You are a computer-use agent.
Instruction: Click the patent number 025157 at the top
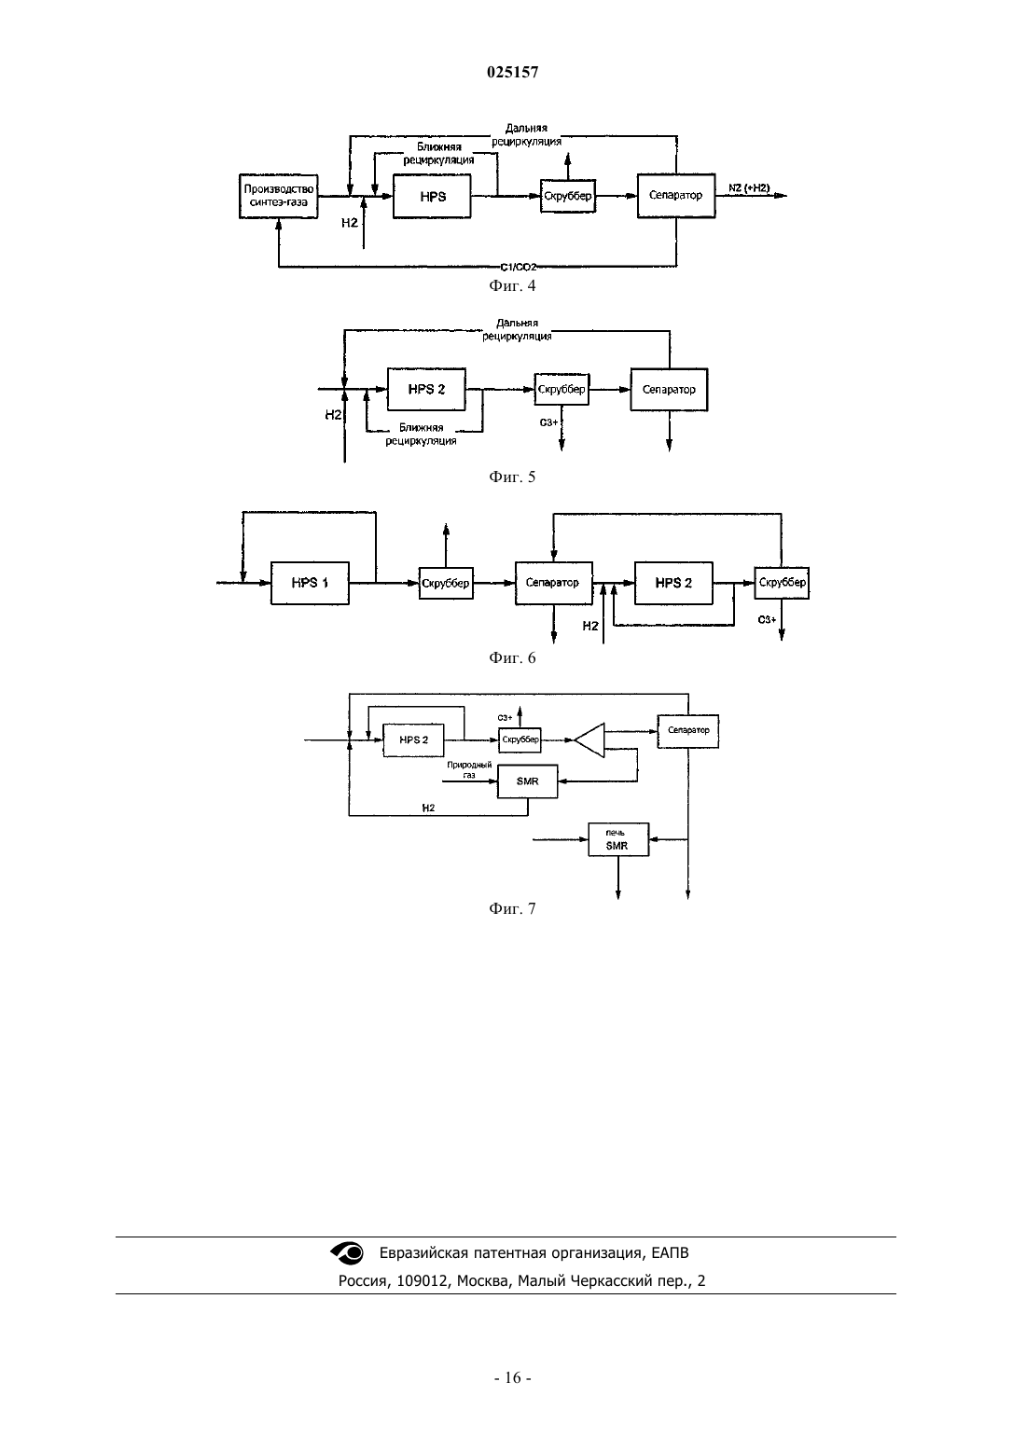(512, 72)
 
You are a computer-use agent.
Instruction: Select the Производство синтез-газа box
(279, 196)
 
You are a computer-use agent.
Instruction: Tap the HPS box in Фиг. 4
(432, 196)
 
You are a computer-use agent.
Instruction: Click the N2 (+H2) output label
(749, 187)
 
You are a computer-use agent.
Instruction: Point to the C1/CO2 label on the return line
(519, 267)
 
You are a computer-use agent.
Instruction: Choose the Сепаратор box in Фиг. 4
(676, 196)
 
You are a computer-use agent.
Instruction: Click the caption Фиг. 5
(512, 477)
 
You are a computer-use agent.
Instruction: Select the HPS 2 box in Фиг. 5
(426, 389)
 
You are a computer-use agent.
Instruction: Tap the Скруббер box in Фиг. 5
(562, 389)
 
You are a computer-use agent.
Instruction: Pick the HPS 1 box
(310, 583)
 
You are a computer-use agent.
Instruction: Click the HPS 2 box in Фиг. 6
(673, 583)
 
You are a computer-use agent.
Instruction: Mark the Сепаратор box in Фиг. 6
(554, 583)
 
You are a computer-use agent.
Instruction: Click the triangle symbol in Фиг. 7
(590, 739)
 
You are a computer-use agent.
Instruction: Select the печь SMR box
(618, 839)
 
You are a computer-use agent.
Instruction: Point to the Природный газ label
(469, 769)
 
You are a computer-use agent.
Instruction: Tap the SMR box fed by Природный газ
(527, 781)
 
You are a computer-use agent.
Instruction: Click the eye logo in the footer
(347, 1252)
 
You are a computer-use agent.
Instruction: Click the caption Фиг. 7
(512, 909)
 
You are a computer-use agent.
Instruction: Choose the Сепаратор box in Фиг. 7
(688, 731)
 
